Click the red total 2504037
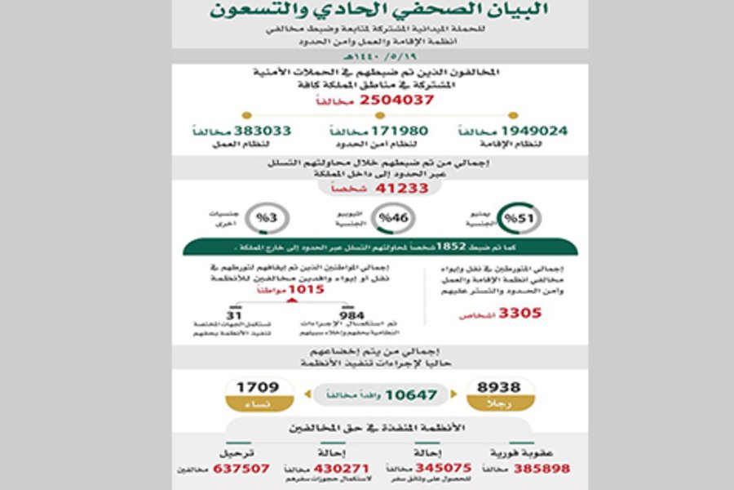389,100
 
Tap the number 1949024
533,131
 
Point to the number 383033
263,131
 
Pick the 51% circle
513,218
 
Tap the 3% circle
265,218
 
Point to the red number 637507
241,469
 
